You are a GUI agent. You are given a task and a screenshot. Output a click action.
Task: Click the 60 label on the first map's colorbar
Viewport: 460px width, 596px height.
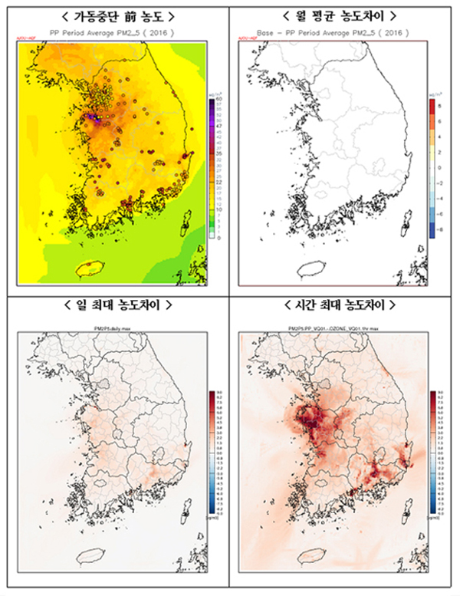(x=219, y=100)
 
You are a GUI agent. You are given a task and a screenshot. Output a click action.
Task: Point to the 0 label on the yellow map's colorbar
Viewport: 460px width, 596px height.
(x=219, y=238)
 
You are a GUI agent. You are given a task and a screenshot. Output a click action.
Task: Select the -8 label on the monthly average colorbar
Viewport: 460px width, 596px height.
(x=439, y=229)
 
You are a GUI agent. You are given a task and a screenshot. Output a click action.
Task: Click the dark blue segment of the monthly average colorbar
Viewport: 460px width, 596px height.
(x=431, y=229)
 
